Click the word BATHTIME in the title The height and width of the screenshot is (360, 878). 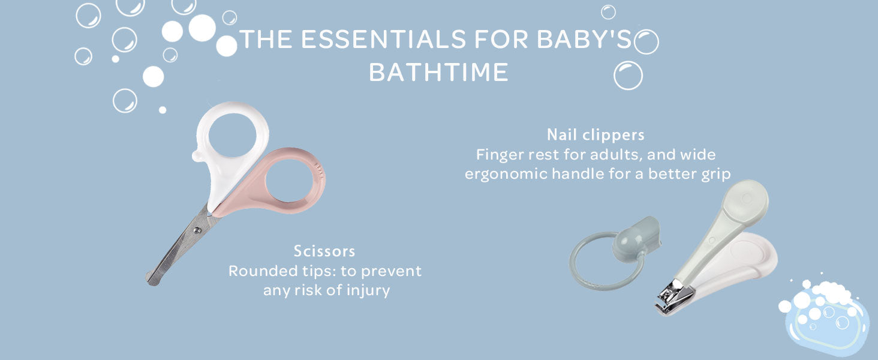pyautogui.click(x=438, y=72)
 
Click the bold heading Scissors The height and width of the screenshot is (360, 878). pyautogui.click(x=324, y=251)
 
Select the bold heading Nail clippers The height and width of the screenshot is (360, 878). pyautogui.click(x=596, y=135)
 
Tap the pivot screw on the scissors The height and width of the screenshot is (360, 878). pyautogui.click(x=197, y=230)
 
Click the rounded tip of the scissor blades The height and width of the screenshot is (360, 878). pyautogui.click(x=151, y=279)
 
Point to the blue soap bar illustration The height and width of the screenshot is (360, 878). pyautogui.click(x=827, y=321)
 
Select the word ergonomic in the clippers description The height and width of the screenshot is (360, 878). pyautogui.click(x=506, y=174)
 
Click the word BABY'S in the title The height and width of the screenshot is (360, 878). pyautogui.click(x=584, y=39)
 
